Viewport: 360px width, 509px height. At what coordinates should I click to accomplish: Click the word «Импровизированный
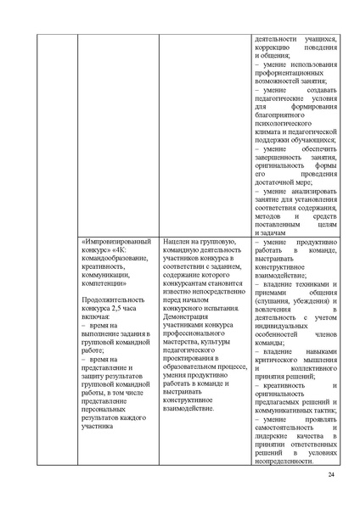[x=115, y=243]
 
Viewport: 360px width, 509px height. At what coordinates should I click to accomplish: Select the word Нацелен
[x=184, y=243]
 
